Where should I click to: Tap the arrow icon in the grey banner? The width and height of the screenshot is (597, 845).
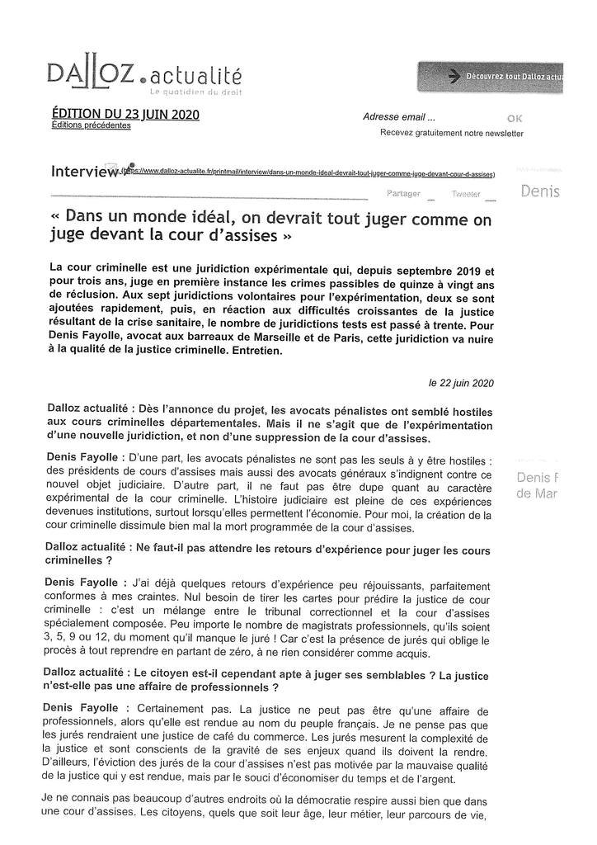453,77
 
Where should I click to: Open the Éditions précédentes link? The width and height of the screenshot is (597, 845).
91,125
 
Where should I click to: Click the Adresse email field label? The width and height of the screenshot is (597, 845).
399,117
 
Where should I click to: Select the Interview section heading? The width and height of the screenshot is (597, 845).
85,172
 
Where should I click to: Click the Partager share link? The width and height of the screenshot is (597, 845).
403,193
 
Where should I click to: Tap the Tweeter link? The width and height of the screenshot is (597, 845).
466,194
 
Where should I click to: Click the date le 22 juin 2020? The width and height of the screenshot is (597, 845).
461,383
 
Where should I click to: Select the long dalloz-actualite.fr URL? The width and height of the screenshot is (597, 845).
308,174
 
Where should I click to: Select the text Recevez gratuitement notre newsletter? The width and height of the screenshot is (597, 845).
451,133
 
